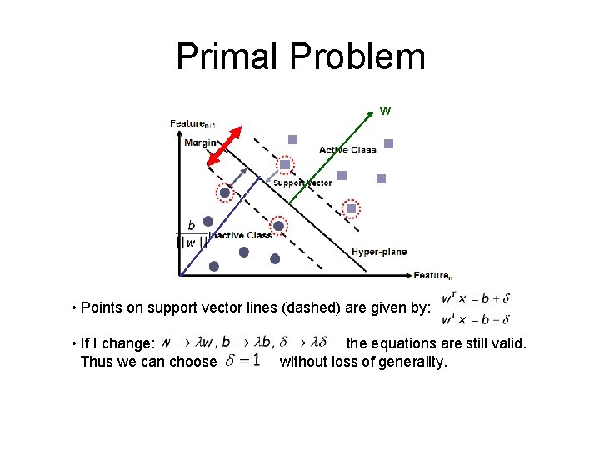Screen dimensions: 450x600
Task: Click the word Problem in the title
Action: click(x=357, y=57)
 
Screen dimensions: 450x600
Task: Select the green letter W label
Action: click(x=385, y=110)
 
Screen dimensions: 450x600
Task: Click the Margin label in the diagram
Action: click(x=200, y=142)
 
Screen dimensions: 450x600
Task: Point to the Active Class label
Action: click(x=347, y=150)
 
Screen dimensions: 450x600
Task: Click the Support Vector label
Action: click(x=302, y=182)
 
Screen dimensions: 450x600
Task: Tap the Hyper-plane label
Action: click(x=379, y=252)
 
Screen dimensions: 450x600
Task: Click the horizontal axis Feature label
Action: click(x=432, y=275)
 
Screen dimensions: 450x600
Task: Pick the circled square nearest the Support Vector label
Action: click(x=285, y=165)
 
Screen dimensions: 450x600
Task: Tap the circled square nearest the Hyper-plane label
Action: click(x=352, y=208)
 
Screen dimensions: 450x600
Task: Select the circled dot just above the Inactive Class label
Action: click(x=279, y=225)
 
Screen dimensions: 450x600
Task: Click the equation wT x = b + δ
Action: click(x=475, y=298)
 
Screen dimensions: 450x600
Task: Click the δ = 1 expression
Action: click(x=244, y=361)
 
